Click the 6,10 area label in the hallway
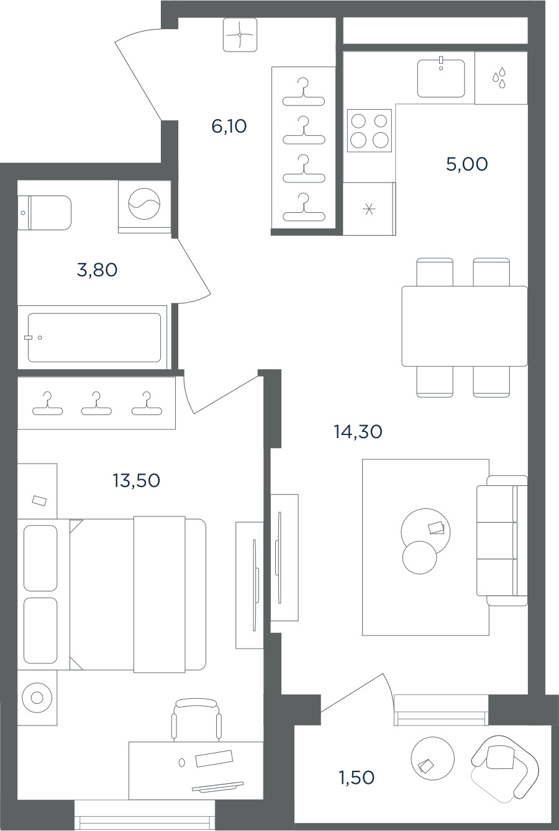(229, 127)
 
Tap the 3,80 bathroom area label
(98, 270)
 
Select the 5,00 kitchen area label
(467, 164)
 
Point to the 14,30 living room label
(358, 432)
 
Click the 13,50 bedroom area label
(137, 480)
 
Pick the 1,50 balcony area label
(357, 778)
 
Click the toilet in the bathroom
(45, 213)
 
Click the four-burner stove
(370, 130)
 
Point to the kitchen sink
(441, 78)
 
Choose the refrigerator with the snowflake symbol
(369, 209)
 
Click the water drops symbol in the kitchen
(499, 78)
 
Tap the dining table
(465, 326)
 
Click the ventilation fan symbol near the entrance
(240, 35)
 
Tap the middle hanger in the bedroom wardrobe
(96, 403)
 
